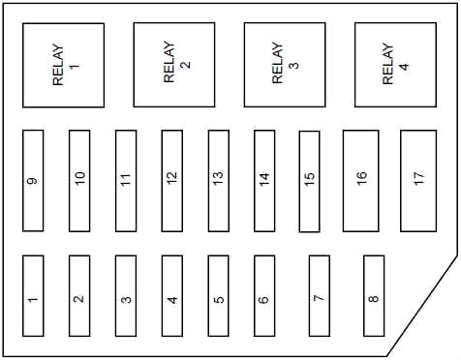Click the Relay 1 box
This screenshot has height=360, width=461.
point(64,65)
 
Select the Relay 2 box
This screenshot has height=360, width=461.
point(174,65)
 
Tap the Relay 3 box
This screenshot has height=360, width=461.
point(285,65)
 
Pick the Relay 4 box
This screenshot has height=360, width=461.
point(395,65)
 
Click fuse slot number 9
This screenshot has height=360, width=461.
point(33,181)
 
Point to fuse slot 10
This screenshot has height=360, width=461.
point(79,181)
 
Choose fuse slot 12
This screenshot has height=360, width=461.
point(172,181)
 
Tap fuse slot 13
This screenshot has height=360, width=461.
point(219,181)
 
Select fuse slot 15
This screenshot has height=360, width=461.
point(309,181)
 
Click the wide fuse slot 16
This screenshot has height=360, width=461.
point(361,181)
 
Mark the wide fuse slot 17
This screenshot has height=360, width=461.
point(418,181)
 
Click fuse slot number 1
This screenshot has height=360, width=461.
point(33,296)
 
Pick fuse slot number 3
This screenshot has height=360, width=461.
point(126,296)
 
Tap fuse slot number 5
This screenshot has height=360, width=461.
point(219,296)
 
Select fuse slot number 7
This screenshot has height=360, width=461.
point(320,296)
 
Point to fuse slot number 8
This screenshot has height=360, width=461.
point(374,296)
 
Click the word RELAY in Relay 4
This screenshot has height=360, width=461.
point(387,64)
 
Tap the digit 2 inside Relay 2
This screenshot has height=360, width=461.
point(186,65)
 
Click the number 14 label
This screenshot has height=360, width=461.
point(264,179)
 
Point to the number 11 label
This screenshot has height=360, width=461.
point(126,179)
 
